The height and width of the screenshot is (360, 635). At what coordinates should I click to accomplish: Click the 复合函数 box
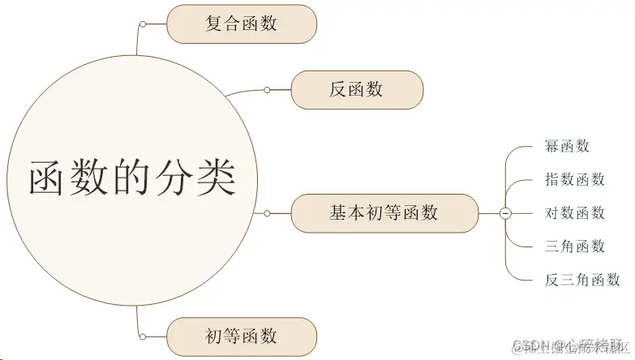click(x=241, y=24)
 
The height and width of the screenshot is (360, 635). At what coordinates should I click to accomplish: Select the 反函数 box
click(x=357, y=90)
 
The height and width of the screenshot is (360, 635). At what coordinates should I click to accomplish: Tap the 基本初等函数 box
click(x=384, y=213)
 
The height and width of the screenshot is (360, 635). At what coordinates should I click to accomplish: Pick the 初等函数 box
click(x=241, y=336)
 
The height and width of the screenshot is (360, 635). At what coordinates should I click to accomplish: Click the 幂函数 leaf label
click(x=567, y=147)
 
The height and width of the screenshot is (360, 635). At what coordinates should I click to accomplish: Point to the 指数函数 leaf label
click(x=575, y=180)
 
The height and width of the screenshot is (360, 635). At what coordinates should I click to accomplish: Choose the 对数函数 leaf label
click(x=575, y=213)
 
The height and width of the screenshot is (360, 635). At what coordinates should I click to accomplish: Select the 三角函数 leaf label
click(x=575, y=246)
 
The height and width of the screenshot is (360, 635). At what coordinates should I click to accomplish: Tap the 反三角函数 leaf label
click(x=582, y=281)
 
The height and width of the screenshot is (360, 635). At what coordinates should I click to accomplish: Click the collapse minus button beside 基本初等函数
click(x=505, y=213)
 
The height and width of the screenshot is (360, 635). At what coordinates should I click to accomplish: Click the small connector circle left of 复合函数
click(x=143, y=24)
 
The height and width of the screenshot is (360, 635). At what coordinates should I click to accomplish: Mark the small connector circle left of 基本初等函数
click(x=267, y=213)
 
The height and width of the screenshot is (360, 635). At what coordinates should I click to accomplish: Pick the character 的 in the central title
click(x=133, y=178)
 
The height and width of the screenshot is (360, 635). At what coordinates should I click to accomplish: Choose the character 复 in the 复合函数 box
click(x=214, y=24)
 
